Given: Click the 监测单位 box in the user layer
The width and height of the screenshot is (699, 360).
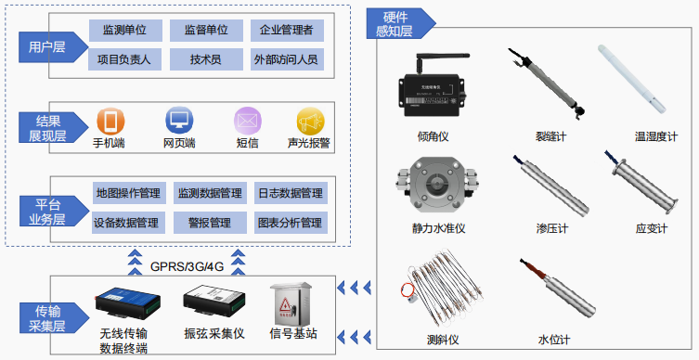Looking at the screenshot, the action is click(x=124, y=31).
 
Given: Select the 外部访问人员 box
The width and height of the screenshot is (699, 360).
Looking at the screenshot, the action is click(x=287, y=59).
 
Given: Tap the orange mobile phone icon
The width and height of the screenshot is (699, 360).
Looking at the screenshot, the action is click(x=110, y=121).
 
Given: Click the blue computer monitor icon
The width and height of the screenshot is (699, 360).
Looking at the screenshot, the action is click(x=179, y=120).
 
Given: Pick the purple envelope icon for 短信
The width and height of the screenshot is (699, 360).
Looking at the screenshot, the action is click(x=248, y=121).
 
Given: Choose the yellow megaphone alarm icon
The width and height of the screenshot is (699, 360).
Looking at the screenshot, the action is click(x=310, y=122).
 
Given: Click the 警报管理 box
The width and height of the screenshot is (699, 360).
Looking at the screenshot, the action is click(x=210, y=223).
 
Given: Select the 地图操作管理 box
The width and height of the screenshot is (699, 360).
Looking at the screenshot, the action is click(x=129, y=193).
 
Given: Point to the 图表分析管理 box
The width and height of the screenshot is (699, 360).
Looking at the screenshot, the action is click(x=291, y=223).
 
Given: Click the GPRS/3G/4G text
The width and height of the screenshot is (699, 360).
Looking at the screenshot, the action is click(x=187, y=266).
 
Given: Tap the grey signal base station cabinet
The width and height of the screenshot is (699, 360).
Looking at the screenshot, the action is click(x=291, y=303).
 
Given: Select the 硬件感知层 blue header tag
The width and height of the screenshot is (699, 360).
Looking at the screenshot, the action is click(x=400, y=23).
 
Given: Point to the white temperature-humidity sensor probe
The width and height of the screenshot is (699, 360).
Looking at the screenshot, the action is click(x=631, y=79).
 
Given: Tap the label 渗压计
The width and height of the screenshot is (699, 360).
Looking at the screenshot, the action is click(x=552, y=228).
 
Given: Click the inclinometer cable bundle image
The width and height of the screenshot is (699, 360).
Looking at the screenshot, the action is click(x=441, y=292).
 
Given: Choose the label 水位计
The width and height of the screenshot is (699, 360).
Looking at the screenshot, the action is click(x=553, y=340).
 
